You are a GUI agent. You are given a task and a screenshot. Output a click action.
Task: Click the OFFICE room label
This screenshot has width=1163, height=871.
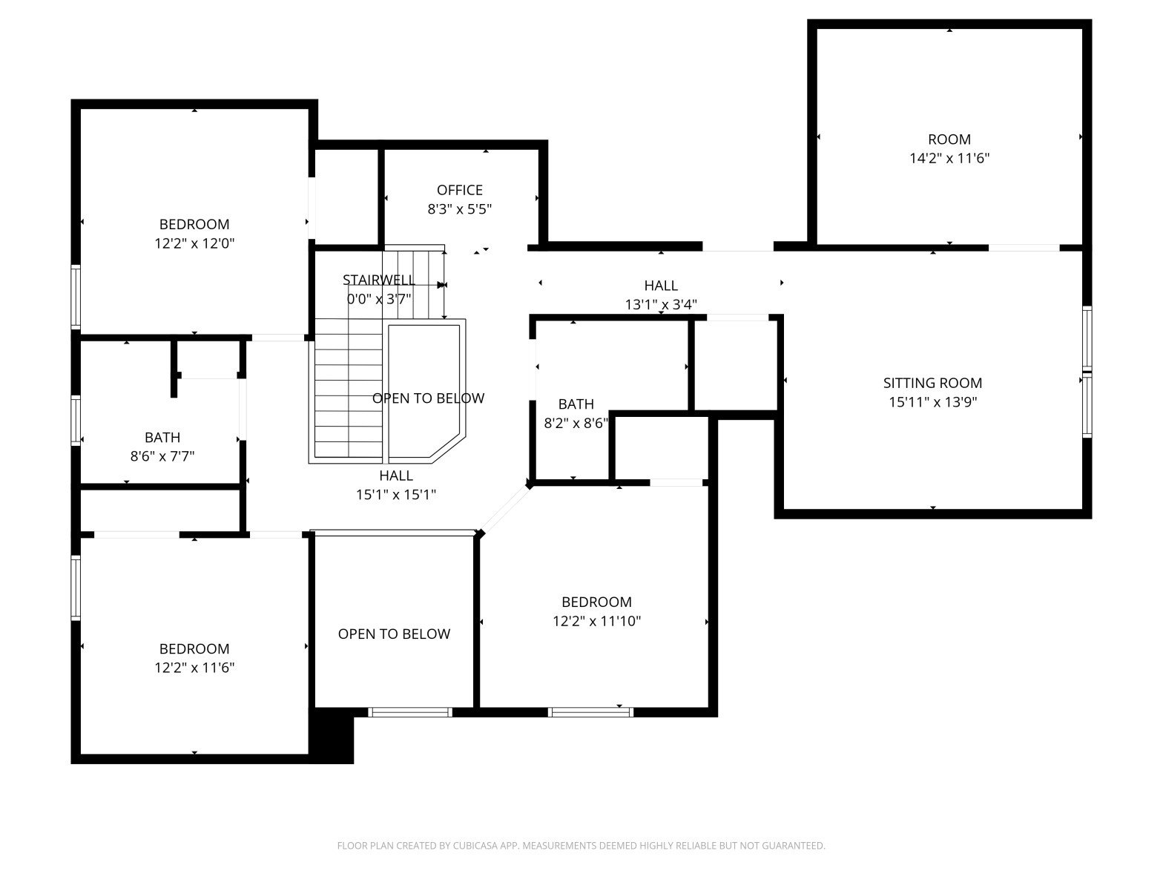[x=459, y=190]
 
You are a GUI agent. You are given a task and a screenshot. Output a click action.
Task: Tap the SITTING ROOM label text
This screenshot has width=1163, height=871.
[x=932, y=383]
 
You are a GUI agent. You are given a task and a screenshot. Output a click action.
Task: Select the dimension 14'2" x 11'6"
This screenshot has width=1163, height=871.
[x=949, y=158]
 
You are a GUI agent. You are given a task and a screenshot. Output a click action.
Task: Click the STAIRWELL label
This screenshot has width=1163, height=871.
[x=378, y=280]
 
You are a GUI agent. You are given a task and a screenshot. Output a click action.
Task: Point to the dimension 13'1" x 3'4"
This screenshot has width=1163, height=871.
[x=661, y=304]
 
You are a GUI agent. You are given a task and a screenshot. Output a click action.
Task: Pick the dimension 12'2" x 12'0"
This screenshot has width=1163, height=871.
[x=194, y=243]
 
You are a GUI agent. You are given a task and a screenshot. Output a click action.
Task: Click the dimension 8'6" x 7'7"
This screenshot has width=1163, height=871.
[x=162, y=456]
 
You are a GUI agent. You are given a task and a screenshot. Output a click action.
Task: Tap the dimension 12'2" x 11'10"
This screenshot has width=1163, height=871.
[x=596, y=621]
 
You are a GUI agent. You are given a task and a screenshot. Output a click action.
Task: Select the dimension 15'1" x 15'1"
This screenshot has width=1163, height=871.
[x=396, y=495]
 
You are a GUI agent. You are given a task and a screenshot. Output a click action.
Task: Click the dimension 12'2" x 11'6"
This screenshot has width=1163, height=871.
[x=194, y=668]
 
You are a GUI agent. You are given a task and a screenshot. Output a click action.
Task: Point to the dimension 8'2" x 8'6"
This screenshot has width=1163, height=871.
[x=576, y=423]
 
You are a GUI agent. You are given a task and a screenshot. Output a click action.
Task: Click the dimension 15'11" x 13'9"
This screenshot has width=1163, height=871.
[x=932, y=402]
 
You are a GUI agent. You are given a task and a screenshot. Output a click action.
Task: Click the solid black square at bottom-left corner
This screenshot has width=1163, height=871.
[x=332, y=736]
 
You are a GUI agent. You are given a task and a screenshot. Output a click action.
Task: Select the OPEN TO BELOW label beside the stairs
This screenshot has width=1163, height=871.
[x=428, y=398]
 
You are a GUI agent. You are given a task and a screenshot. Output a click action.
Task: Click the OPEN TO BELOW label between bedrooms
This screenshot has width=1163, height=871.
[x=394, y=634]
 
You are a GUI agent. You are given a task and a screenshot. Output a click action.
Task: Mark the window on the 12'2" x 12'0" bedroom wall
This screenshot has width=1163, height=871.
[x=76, y=297]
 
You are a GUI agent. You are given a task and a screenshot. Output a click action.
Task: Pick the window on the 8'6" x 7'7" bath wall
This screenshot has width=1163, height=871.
[x=76, y=421]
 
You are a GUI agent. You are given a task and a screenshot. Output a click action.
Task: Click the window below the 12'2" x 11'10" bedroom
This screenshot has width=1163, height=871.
[x=590, y=712]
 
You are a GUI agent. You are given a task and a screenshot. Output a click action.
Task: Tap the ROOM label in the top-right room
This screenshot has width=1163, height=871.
[x=949, y=139]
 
